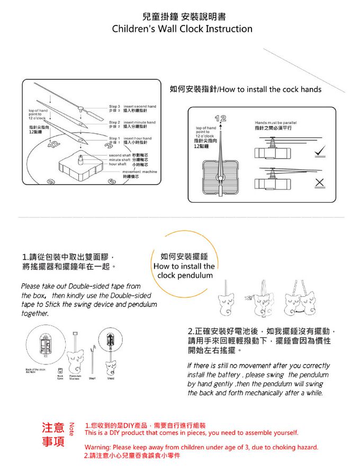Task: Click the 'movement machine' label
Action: point(139,174)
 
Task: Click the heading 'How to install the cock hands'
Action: point(245,89)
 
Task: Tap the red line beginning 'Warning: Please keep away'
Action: point(201,447)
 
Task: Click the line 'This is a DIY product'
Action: point(191,433)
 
